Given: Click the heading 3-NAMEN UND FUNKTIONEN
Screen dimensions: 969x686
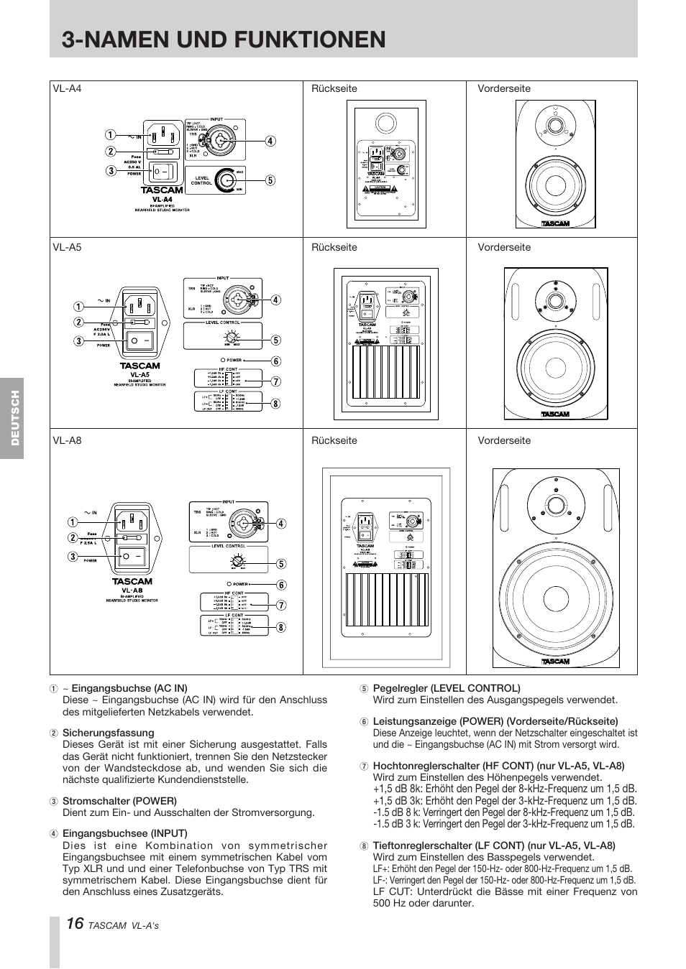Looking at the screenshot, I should pos(224,39).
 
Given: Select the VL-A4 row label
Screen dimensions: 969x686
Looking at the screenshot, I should pos(67,89).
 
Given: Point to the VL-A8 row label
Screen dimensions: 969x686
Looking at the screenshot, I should pos(67,440).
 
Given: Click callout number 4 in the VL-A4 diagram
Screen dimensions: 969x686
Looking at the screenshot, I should pos(270,142).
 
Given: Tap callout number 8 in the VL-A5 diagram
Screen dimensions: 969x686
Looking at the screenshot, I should pos(275,404).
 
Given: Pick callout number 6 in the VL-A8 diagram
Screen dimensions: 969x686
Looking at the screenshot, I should pos(281,585).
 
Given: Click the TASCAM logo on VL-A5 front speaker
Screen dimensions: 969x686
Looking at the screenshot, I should pos(554,414).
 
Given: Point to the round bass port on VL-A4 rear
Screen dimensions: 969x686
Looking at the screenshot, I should pos(386,123).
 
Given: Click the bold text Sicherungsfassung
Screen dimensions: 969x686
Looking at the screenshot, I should pos(108,733).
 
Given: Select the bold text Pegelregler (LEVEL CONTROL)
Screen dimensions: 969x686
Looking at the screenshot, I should pos(446,688).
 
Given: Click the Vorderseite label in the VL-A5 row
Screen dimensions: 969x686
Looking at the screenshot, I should pos(504,248).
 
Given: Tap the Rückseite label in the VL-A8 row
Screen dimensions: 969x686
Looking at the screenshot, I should pos(334,441).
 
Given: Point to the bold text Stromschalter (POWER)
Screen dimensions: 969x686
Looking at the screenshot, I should pos(119,801).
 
